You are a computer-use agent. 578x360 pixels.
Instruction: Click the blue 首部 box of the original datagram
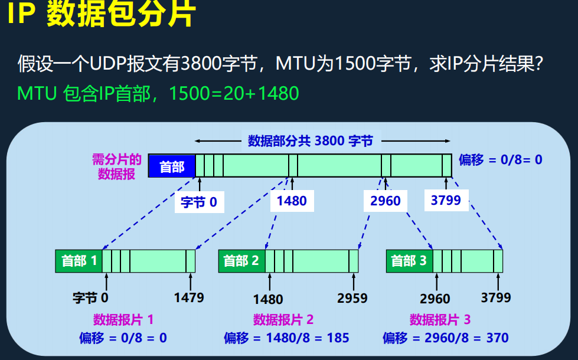pyautogui.click(x=171, y=166)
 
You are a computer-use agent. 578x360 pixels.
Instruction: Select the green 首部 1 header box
pyautogui.click(x=79, y=260)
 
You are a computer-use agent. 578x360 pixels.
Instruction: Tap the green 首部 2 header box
pyautogui.click(x=241, y=260)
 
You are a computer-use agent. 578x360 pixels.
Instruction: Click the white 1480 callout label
pyautogui.click(x=292, y=201)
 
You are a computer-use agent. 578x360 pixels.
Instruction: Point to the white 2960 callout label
pyautogui.click(x=385, y=201)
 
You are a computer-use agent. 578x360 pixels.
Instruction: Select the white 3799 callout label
pyautogui.click(x=446, y=200)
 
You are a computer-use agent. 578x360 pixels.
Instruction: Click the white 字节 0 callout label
pyautogui.click(x=199, y=202)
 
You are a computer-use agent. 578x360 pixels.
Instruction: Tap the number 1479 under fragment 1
pyautogui.click(x=189, y=297)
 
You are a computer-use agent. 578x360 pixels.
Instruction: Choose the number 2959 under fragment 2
pyautogui.click(x=352, y=298)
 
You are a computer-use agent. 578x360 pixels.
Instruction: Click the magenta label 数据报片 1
pyautogui.click(x=123, y=320)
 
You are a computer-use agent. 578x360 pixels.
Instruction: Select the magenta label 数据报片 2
pyautogui.click(x=283, y=320)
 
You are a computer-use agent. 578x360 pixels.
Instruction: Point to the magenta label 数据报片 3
pyautogui.click(x=440, y=320)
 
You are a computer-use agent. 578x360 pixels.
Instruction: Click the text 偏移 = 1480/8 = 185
pyautogui.click(x=286, y=338)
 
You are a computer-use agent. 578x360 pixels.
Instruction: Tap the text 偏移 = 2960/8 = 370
pyautogui.click(x=445, y=338)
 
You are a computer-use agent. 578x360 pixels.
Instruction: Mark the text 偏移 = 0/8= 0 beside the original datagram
pyautogui.click(x=500, y=159)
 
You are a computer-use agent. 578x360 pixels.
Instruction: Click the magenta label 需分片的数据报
pyautogui.click(x=117, y=166)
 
